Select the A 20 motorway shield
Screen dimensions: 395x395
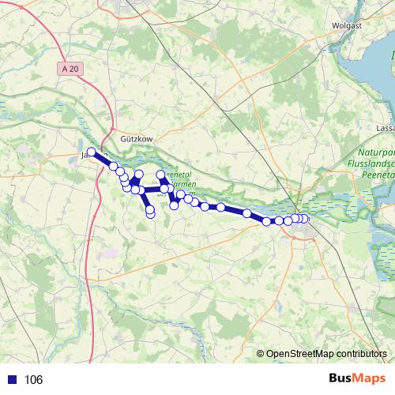70,70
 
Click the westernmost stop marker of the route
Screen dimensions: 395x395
92,152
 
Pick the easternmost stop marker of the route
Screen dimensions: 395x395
305,218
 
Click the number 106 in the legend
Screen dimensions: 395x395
33,380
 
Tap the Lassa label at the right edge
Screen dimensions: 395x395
385,126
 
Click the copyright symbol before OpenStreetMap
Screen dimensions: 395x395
260,355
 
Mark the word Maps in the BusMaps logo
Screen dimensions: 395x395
368,379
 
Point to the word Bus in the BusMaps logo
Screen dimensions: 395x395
340,379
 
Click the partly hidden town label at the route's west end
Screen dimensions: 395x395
84,155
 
